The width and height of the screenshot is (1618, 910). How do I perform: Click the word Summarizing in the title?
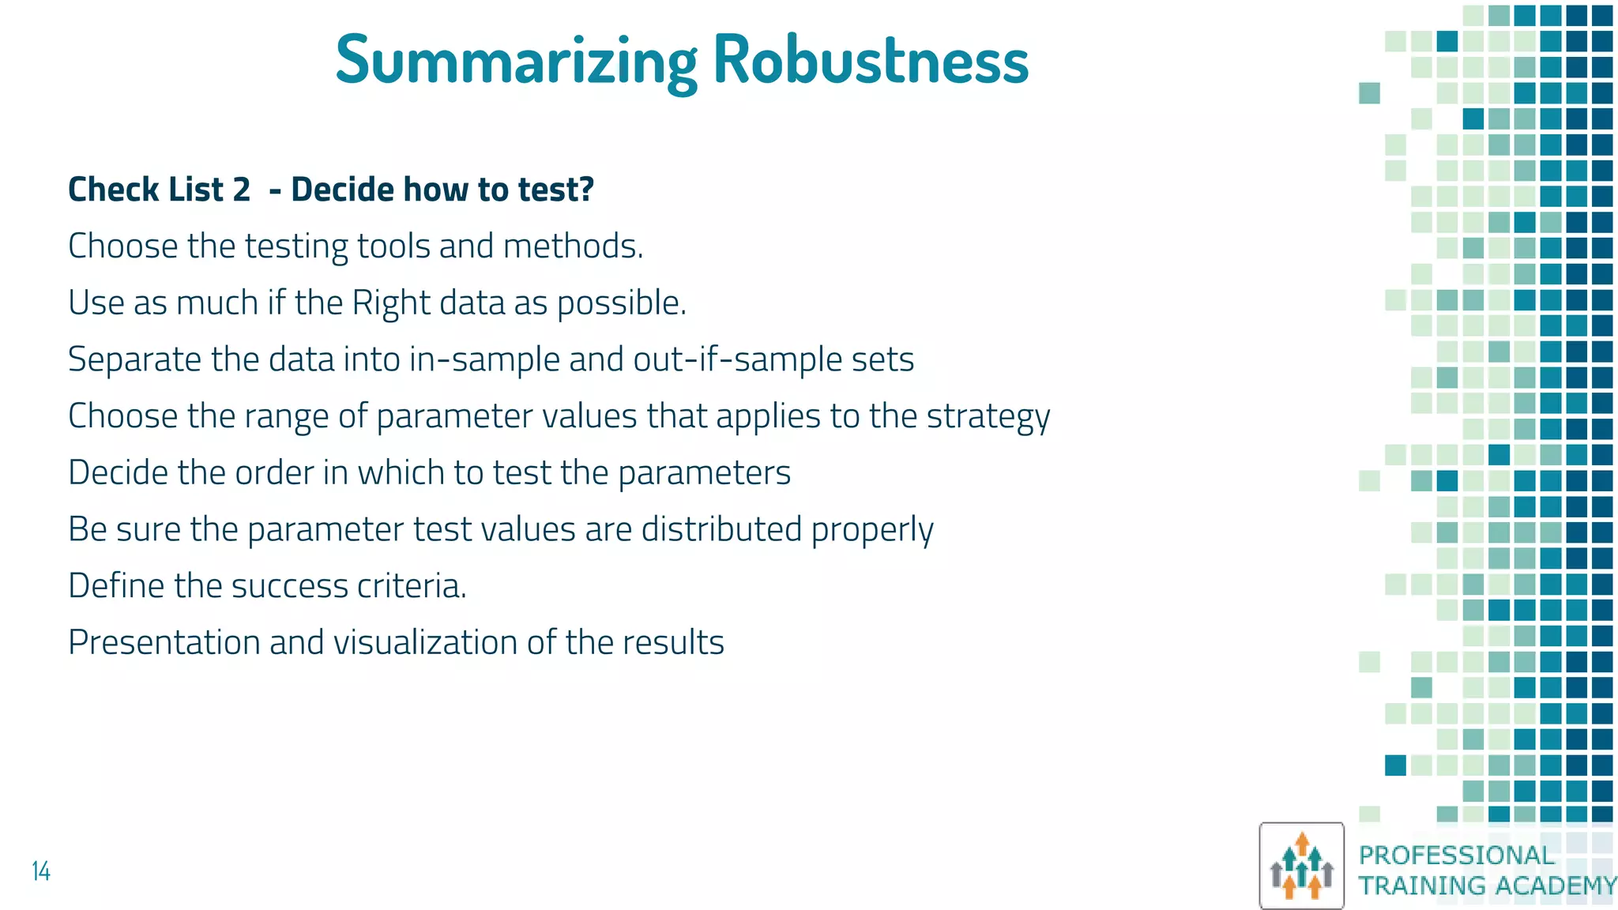pos(516,60)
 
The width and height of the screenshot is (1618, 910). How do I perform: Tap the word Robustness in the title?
pos(871,60)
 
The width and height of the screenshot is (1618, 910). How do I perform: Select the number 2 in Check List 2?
pos(241,190)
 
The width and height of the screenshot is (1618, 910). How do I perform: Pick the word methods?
pos(573,246)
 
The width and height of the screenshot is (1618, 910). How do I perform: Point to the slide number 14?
pos(41,871)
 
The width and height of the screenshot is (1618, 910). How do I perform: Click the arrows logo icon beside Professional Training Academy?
pos(1301,866)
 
